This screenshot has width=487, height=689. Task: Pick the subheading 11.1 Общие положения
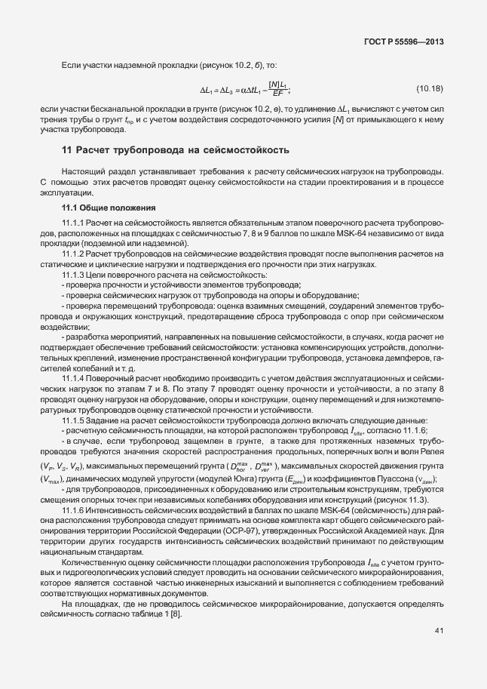pos(108,207)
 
